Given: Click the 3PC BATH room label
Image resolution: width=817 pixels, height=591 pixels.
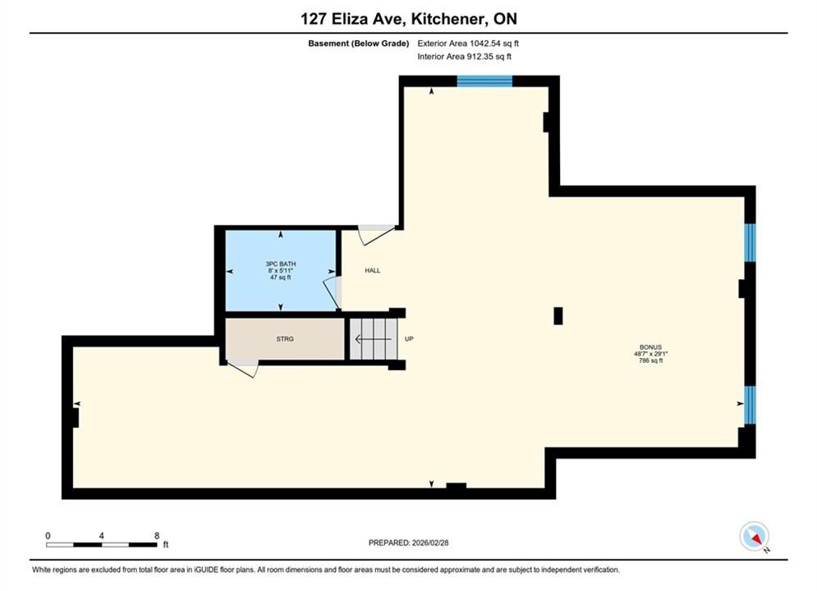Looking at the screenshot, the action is (x=281, y=264).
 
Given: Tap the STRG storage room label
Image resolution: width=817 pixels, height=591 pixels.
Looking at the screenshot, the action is (x=285, y=339).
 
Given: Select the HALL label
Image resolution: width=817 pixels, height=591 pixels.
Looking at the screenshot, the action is (x=373, y=271).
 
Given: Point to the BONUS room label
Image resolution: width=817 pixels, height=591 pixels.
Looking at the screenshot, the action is (x=651, y=347).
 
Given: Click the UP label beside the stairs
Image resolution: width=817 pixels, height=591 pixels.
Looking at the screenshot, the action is (x=409, y=339).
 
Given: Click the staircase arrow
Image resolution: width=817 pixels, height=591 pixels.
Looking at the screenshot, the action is (x=373, y=340).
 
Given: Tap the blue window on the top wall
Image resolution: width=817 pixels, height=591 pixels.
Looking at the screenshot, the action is (x=484, y=80).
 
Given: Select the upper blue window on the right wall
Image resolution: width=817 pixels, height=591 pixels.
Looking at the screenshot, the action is (x=750, y=243).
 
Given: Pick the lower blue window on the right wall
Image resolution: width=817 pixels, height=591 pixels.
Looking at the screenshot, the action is (x=750, y=405).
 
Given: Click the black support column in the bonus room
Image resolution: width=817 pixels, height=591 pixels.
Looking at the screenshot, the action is (x=558, y=316).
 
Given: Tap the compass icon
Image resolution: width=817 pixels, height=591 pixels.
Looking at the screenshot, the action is (x=754, y=536).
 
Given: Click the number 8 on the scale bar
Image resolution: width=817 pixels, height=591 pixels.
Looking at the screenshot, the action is (x=157, y=536).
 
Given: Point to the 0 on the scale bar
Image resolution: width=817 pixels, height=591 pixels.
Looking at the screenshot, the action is (x=48, y=536).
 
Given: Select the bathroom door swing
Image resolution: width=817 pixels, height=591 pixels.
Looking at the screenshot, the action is (x=332, y=293).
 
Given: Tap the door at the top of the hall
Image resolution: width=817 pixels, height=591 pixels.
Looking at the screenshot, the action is (x=377, y=234).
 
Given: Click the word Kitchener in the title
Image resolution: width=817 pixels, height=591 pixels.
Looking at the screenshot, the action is (x=447, y=19).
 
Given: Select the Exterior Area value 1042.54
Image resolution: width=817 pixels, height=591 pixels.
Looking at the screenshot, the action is (x=484, y=44).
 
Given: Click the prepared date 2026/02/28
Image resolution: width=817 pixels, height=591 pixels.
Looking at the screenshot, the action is (x=430, y=543).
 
